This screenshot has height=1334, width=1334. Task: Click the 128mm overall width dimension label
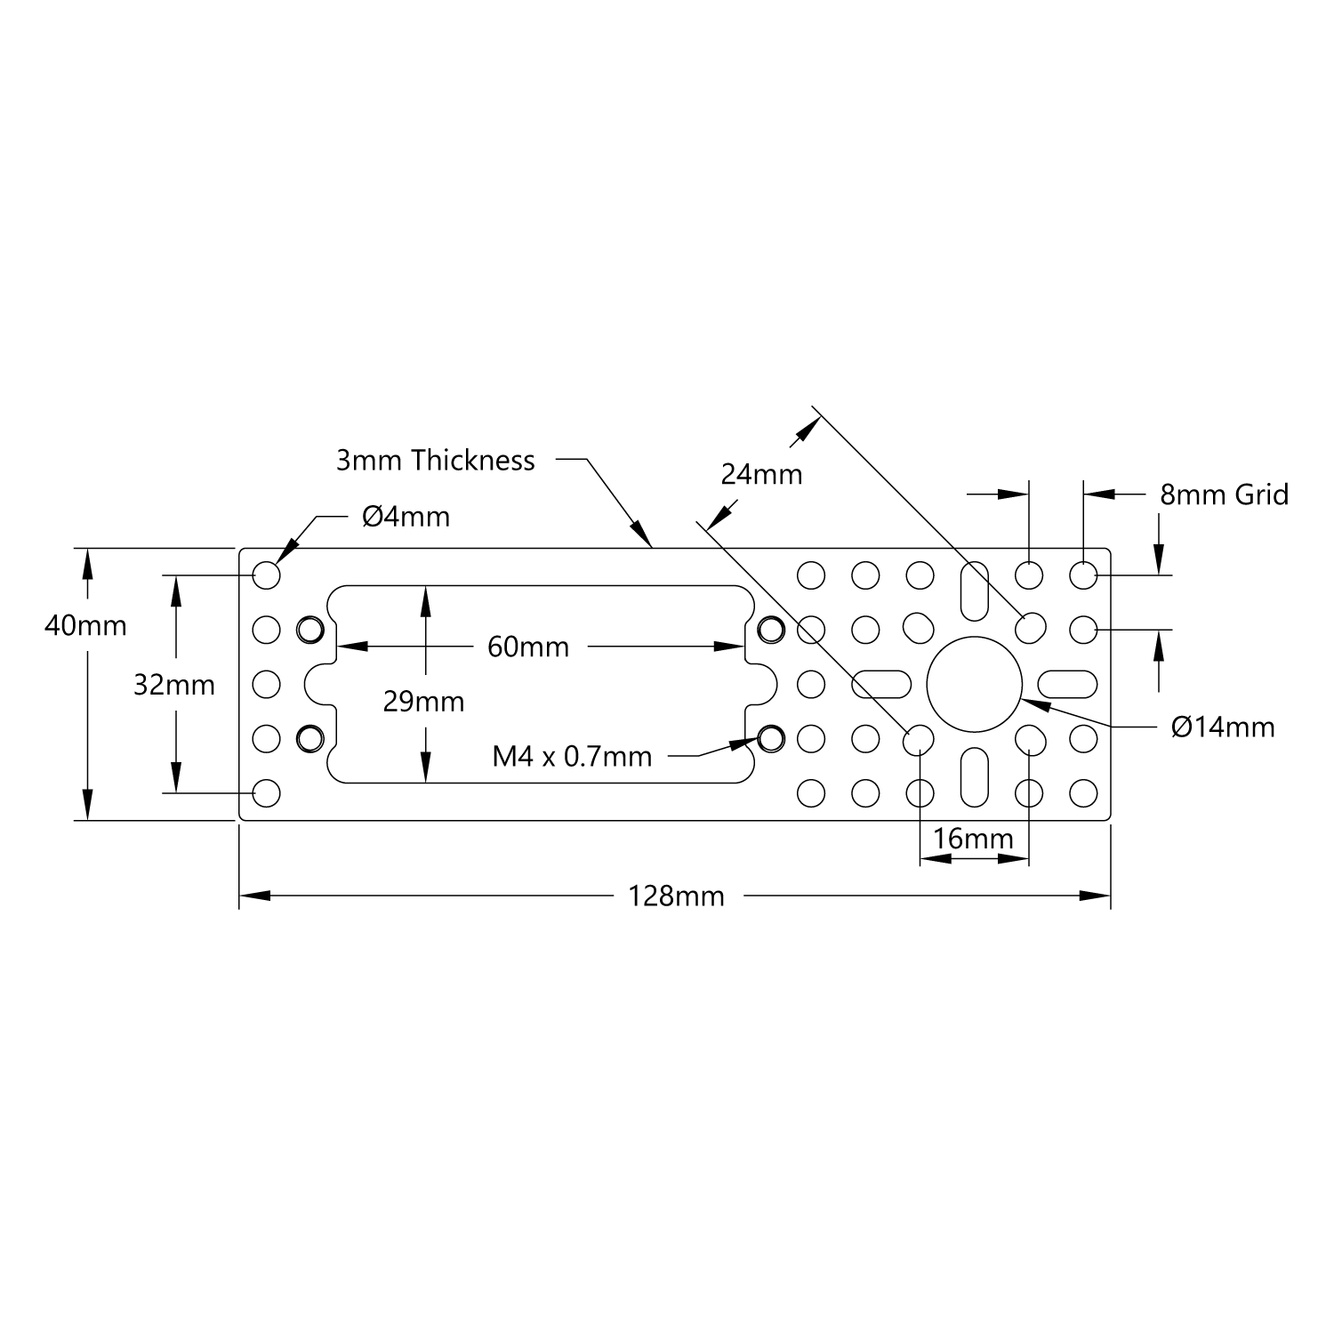[676, 896]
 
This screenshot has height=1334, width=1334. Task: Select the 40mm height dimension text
[85, 626]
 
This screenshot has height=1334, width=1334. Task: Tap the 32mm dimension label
[174, 685]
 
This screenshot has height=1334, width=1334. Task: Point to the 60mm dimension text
[528, 647]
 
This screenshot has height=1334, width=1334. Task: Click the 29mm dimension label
[423, 702]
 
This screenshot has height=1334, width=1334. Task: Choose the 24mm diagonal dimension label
[761, 475]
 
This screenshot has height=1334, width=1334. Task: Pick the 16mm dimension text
[973, 838]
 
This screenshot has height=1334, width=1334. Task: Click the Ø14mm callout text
[1223, 727]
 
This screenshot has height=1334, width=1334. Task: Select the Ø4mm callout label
[406, 517]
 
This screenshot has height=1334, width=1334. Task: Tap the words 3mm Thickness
[436, 461]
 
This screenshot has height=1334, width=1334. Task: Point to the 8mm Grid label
[1224, 494]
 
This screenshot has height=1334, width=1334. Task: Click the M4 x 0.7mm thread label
[572, 757]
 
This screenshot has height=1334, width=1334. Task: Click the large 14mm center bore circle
[974, 684]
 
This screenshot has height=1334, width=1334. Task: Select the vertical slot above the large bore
[974, 590]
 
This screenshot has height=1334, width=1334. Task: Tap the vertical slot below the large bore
[974, 778]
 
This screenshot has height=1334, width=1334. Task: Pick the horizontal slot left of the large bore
[880, 684]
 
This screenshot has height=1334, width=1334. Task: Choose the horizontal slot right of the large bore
[1067, 684]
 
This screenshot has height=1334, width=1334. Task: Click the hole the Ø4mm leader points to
[267, 575]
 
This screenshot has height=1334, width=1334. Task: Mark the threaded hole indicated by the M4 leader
[771, 737]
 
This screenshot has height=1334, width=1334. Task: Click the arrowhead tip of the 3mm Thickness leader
[652, 547]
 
